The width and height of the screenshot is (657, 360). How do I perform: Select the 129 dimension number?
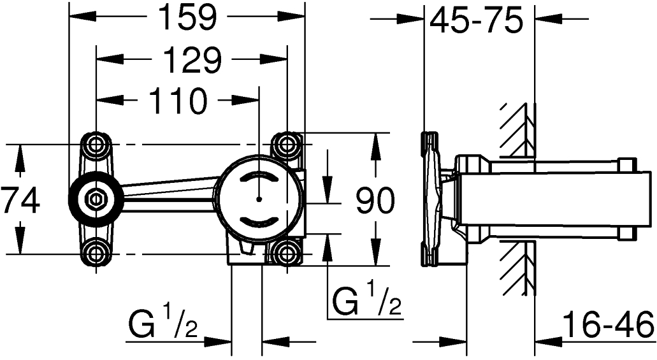click(x=191, y=59)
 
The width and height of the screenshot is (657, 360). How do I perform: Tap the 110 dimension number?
click(x=178, y=101)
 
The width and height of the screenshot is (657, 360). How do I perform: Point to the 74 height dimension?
click(x=19, y=201)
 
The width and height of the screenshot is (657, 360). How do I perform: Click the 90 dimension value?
click(x=375, y=200)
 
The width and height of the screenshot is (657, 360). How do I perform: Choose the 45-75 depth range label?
click(x=477, y=20)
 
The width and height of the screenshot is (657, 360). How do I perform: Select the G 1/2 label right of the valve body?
click(x=366, y=299)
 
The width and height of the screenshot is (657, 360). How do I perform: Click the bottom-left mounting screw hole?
click(x=96, y=253)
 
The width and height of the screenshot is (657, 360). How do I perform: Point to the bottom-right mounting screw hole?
click(x=287, y=253)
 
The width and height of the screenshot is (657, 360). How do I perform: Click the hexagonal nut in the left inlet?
click(x=96, y=197)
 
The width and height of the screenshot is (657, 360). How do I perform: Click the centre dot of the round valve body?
click(x=259, y=198)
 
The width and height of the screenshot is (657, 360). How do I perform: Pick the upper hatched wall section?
click(x=517, y=130)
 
